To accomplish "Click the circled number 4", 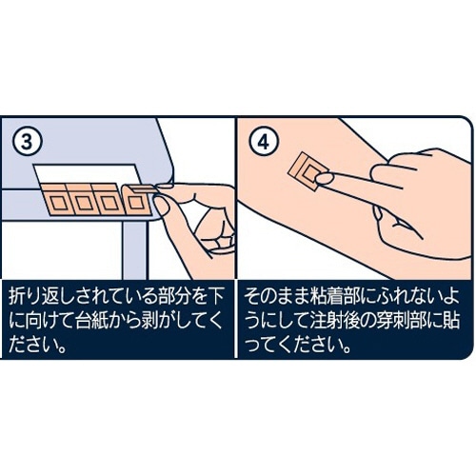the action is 264,143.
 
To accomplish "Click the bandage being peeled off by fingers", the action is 137,199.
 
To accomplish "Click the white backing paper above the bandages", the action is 87,173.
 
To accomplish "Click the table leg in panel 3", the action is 135,250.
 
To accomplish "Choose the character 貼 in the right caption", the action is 451,322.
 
